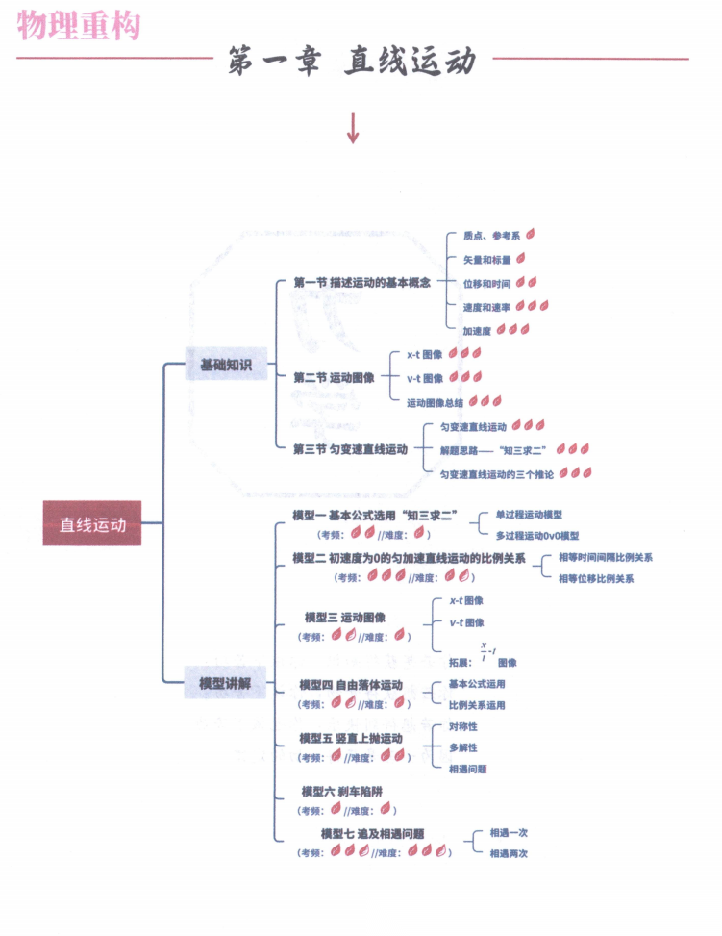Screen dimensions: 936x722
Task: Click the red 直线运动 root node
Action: tap(92, 524)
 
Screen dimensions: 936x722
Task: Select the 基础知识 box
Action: tap(226, 365)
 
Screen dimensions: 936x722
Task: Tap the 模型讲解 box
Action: tap(226, 683)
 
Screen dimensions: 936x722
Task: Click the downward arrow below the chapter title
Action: tap(352, 128)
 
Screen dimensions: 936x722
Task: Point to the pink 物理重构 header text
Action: tap(79, 24)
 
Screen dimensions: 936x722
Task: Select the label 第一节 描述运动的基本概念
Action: tap(361, 283)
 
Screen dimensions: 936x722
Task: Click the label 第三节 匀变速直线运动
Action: tap(351, 448)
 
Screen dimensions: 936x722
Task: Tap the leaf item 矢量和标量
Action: tap(486, 260)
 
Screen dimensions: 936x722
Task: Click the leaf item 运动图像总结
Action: tap(435, 402)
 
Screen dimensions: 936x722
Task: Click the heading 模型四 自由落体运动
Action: tap(351, 686)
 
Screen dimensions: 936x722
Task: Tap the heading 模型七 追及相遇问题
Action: tap(373, 834)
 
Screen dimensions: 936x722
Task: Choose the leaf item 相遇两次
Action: tap(509, 853)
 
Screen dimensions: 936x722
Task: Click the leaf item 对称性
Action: tap(462, 727)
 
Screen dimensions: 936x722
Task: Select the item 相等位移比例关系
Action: tap(596, 578)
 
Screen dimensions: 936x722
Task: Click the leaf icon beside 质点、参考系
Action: tap(531, 234)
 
